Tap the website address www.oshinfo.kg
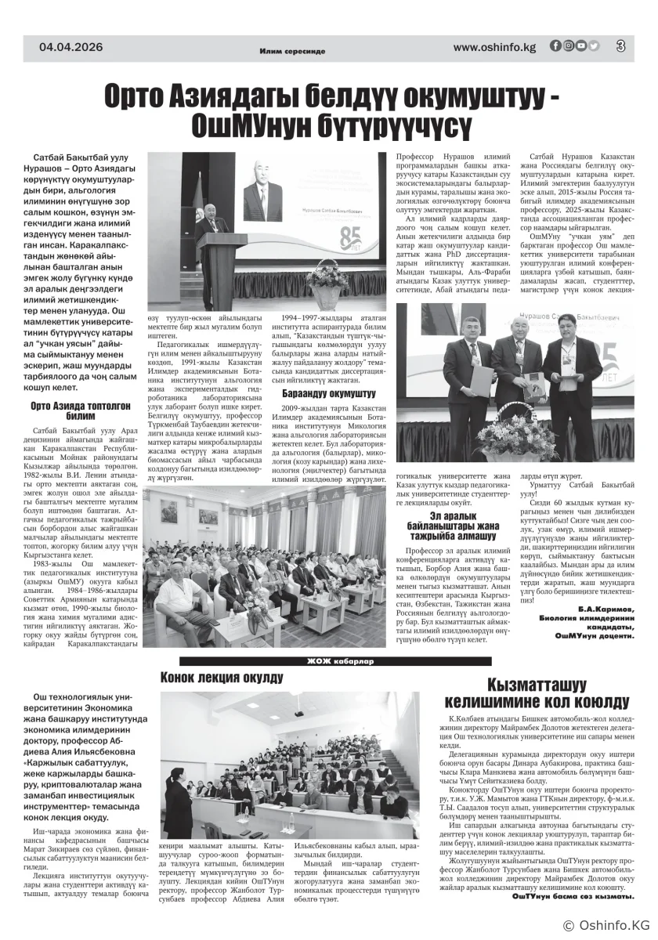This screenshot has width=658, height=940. tap(494, 47)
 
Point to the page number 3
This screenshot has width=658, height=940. tap(620, 46)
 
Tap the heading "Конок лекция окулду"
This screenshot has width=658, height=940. tap(222, 677)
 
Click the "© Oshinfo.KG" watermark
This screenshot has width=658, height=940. tap(607, 925)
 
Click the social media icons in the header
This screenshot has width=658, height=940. tap(574, 46)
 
